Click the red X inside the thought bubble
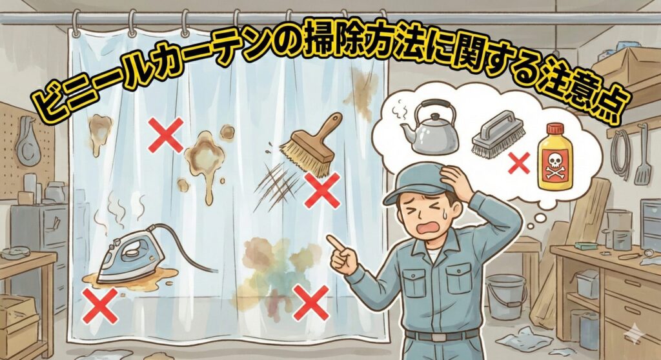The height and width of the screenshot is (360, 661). coord(519,164)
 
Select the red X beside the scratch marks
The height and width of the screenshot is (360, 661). coord(322,190)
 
